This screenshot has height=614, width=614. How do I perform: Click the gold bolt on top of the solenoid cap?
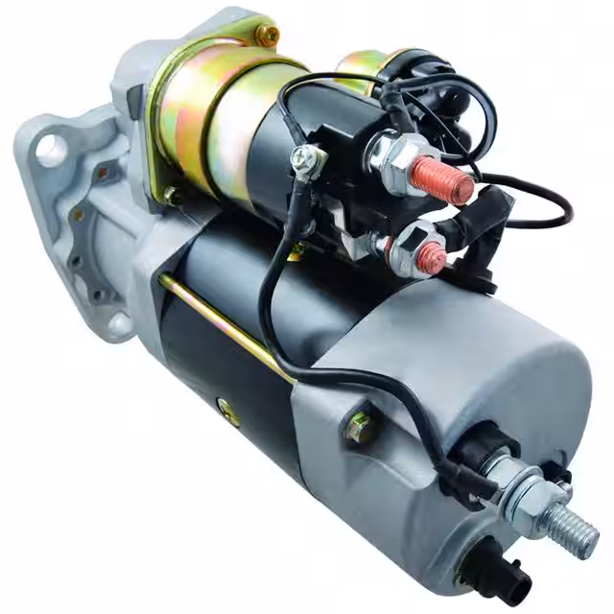point(267,35)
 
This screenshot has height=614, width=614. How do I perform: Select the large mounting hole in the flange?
point(51,151)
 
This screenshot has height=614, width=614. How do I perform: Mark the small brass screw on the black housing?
point(229,415)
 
